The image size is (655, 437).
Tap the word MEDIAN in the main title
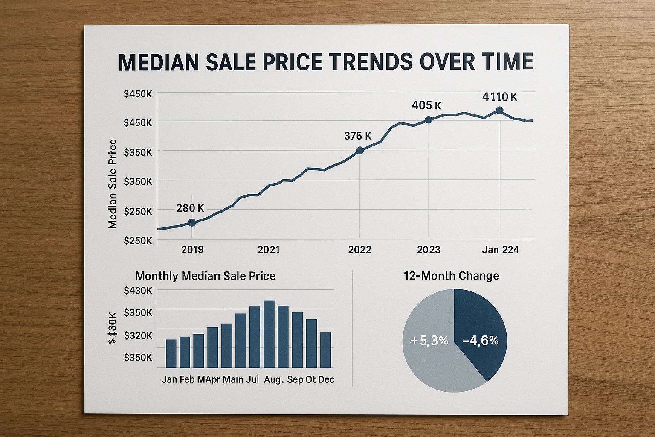point(159,62)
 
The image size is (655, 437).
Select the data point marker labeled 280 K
point(192,222)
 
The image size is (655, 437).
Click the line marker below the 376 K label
point(359,150)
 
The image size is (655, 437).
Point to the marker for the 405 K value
point(429,120)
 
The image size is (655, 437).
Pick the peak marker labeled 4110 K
point(500,111)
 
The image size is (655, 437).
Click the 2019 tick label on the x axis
point(192,250)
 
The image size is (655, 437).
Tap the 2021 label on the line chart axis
point(269,250)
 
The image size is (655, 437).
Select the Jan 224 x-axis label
point(500,250)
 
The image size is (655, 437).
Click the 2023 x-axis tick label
point(429,250)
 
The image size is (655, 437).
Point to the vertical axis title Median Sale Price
point(113,184)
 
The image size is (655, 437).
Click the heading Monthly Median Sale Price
point(205,276)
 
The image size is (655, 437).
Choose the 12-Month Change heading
point(451,276)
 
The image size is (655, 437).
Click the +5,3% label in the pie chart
point(429,341)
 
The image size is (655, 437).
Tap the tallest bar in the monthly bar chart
point(269,334)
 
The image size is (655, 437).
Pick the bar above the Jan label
point(171,353)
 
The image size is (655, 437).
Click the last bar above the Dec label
point(325,350)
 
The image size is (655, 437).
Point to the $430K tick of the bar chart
point(138,291)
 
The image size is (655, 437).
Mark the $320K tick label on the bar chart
point(138,335)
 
